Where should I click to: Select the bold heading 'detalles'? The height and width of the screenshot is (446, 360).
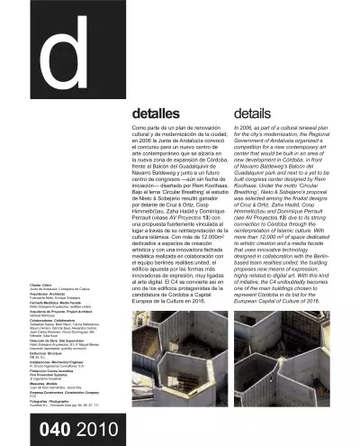(x=157, y=115)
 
